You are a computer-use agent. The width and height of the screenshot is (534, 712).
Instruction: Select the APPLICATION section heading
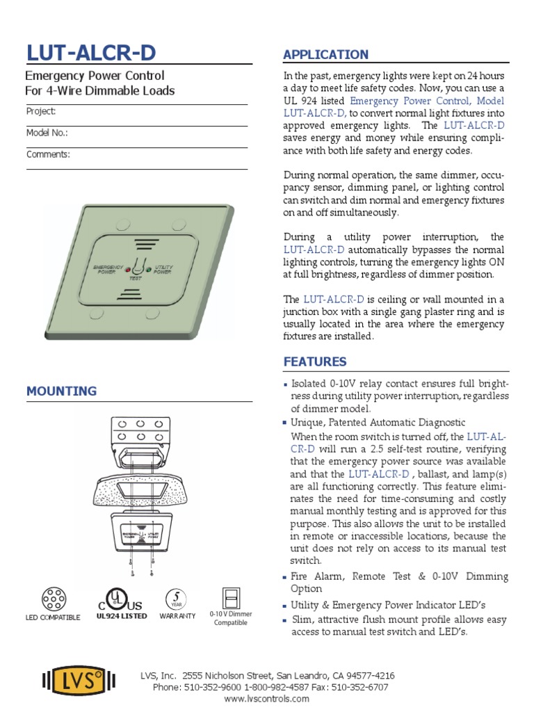click(325, 54)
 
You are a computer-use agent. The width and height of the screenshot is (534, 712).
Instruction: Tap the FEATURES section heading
click(314, 362)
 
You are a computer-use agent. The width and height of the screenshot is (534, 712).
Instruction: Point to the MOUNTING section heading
click(61, 391)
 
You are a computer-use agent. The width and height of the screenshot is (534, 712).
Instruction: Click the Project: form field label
click(41, 111)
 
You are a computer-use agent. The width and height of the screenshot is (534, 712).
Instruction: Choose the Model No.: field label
click(47, 133)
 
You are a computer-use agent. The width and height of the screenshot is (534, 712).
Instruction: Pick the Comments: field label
click(48, 154)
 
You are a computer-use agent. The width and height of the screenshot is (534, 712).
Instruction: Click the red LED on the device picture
click(128, 269)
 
